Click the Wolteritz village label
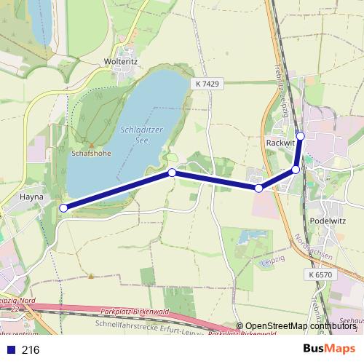[121, 62]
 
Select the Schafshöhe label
[90, 154]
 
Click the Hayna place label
[32, 197]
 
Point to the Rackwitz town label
[280, 143]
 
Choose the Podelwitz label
[326, 221]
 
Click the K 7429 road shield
[207, 84]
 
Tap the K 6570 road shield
[320, 274]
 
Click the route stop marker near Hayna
[63, 208]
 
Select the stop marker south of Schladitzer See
[172, 173]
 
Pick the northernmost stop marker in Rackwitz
[301, 135]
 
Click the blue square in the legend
[9, 350]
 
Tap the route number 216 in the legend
[31, 350]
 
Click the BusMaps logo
[329, 349]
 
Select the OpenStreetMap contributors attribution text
[300, 326]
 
